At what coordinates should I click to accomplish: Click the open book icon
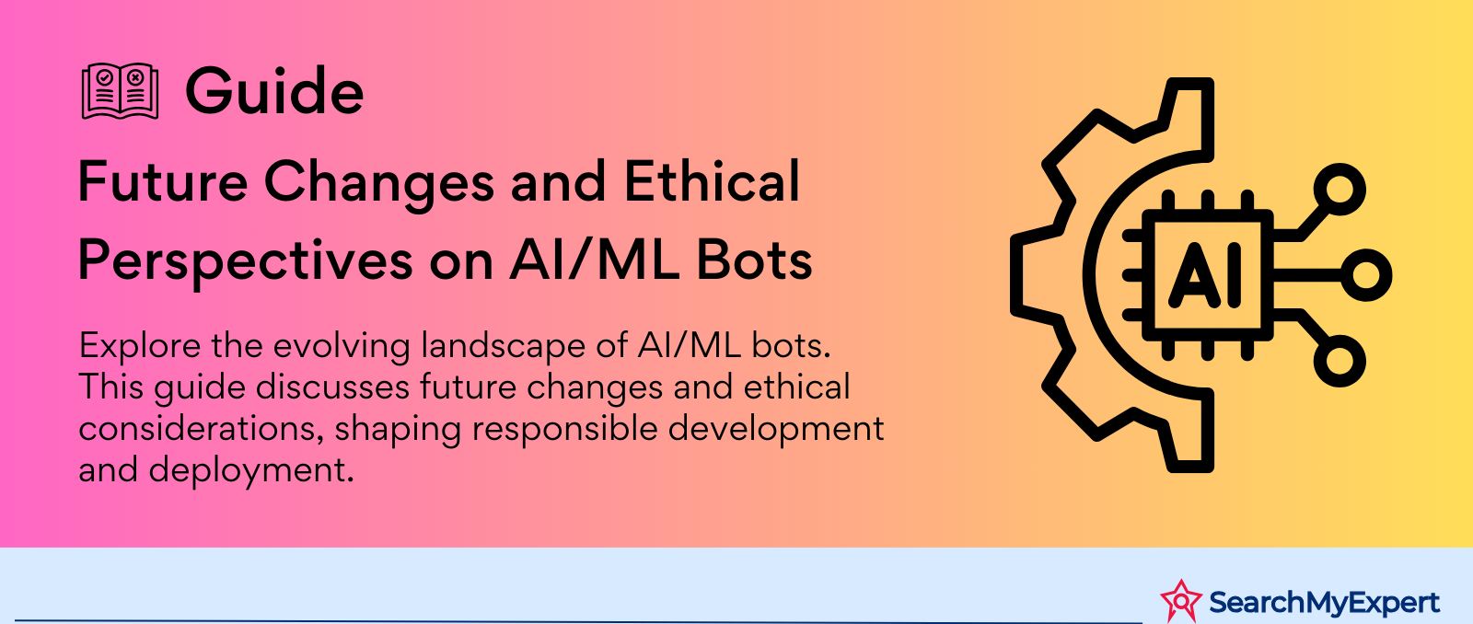click(x=120, y=91)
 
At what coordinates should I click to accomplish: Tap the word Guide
click(x=274, y=91)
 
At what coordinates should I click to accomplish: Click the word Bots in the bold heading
click(x=754, y=261)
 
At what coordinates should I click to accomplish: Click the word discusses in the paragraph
click(x=332, y=387)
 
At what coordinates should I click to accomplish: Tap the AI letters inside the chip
click(x=1205, y=275)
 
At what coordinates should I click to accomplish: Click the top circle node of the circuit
click(x=1340, y=190)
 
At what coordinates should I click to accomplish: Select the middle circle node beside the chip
click(x=1366, y=275)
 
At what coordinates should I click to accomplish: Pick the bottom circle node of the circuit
click(x=1340, y=361)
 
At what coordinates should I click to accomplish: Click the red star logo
click(x=1181, y=600)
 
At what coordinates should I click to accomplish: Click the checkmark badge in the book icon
click(x=105, y=77)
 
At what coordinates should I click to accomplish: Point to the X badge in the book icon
click(x=135, y=77)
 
